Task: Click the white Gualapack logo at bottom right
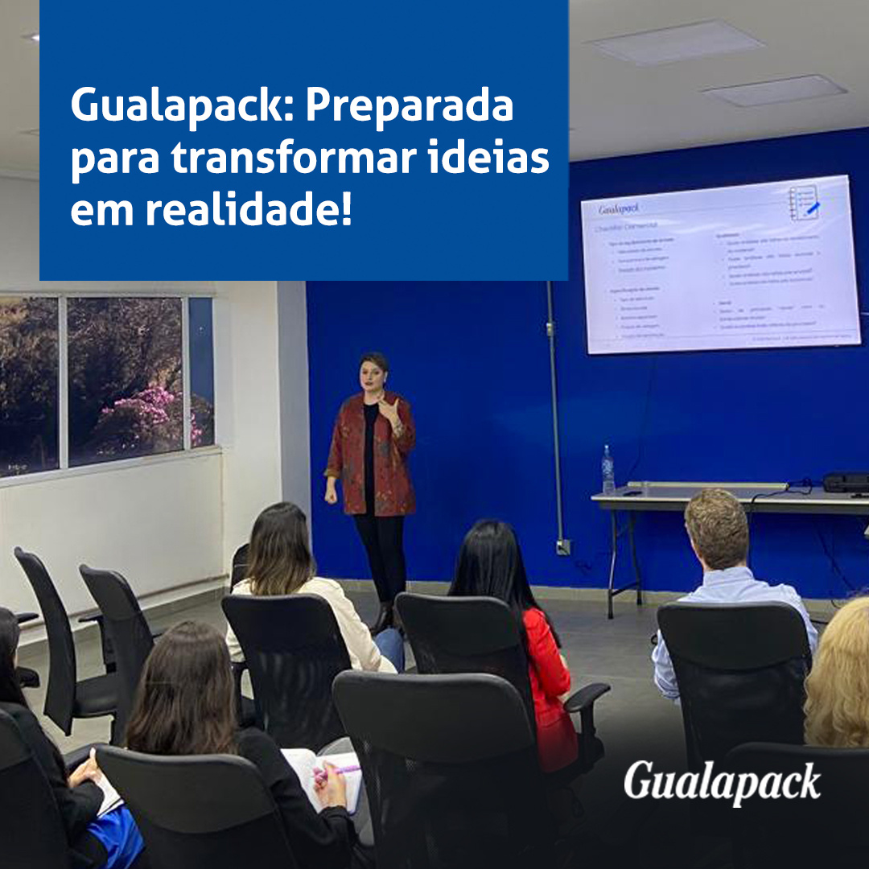(722, 782)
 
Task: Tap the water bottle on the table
(607, 471)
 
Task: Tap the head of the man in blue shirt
(716, 527)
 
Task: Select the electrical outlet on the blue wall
(564, 547)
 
